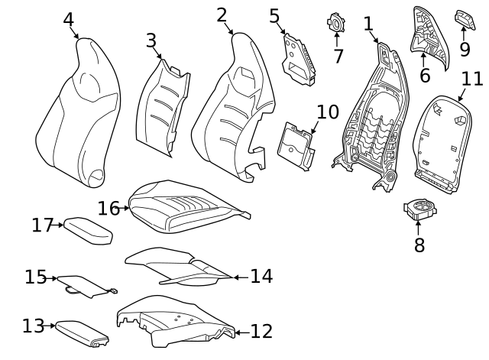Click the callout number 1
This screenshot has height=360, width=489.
click(x=368, y=24)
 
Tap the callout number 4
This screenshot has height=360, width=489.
click(x=69, y=19)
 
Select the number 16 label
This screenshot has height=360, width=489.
click(x=108, y=209)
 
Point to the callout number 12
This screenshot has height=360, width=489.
click(x=261, y=331)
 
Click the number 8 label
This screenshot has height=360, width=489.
click(x=419, y=245)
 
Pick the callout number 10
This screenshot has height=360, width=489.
click(x=327, y=112)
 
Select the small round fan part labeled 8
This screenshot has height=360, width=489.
click(x=419, y=208)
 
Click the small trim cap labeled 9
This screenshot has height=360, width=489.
click(x=464, y=18)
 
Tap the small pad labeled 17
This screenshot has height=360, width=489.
click(x=88, y=229)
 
